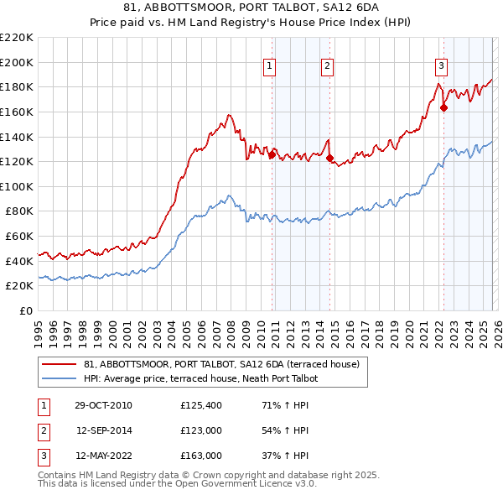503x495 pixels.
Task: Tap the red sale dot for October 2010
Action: click(272, 154)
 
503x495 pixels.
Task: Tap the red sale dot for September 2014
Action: click(329, 158)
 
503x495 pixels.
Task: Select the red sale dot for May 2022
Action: click(443, 107)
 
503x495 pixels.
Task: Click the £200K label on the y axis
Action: click(17, 62)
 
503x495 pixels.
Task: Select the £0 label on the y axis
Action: click(25, 311)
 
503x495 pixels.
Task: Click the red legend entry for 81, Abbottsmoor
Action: click(221, 364)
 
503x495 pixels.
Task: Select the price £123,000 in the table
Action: click(201, 430)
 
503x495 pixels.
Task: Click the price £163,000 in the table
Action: click(201, 456)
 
